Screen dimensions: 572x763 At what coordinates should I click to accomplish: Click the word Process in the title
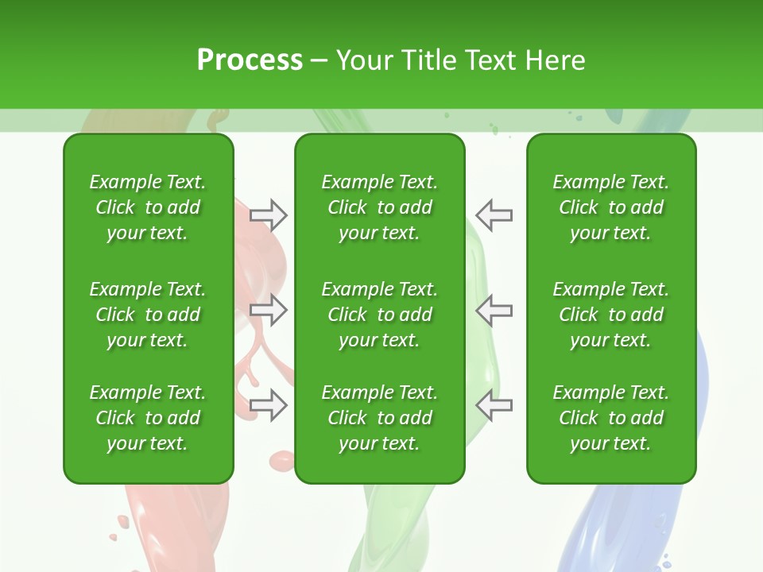point(250,60)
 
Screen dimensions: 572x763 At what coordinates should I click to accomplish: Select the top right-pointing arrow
point(269,214)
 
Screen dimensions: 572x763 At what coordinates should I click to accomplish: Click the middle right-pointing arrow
point(269,310)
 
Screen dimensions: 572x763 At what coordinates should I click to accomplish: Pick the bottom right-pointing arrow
point(269,405)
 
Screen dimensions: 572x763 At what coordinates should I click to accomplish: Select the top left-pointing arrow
point(494,214)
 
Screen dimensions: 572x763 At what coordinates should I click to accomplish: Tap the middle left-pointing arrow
point(494,310)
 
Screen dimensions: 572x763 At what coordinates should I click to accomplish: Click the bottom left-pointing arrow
point(494,405)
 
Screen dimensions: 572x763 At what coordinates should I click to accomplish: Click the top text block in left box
point(148,207)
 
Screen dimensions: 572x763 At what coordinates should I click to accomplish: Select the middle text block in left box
point(148,315)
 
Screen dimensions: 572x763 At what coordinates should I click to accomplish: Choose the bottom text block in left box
point(148,418)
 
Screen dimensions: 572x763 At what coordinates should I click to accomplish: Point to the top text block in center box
point(379,207)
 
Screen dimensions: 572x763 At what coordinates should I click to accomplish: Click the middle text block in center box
point(379,315)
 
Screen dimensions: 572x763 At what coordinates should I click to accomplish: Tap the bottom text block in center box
point(379,418)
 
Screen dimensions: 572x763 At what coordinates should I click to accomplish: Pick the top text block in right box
point(610,207)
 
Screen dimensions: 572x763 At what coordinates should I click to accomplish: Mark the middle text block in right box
point(610,315)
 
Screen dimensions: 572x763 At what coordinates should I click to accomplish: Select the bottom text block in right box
point(610,418)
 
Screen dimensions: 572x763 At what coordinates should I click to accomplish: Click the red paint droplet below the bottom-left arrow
point(281,460)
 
